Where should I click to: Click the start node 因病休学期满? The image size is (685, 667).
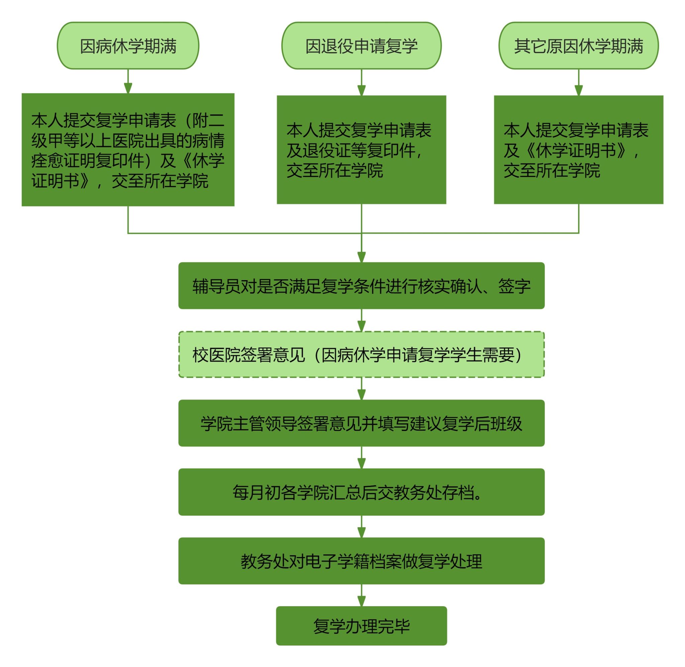pos(128,46)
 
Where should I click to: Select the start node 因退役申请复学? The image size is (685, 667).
pos(361,46)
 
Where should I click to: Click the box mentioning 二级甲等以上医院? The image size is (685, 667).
pos(128,150)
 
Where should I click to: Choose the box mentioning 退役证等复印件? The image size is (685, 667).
pos(361,150)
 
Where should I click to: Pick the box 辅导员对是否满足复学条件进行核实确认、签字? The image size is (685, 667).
pos(361,286)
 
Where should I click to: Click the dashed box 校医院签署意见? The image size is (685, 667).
pos(361,355)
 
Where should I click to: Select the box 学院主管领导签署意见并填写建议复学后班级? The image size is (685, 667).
pos(361,424)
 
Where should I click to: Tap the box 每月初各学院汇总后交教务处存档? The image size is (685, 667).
pos(361,492)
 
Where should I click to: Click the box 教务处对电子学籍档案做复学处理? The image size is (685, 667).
pos(361,561)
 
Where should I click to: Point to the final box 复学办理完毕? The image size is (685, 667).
pos(361,626)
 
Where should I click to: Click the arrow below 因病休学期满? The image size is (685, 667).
pos(128,82)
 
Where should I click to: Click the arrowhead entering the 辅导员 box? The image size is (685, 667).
pos(361,257)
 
